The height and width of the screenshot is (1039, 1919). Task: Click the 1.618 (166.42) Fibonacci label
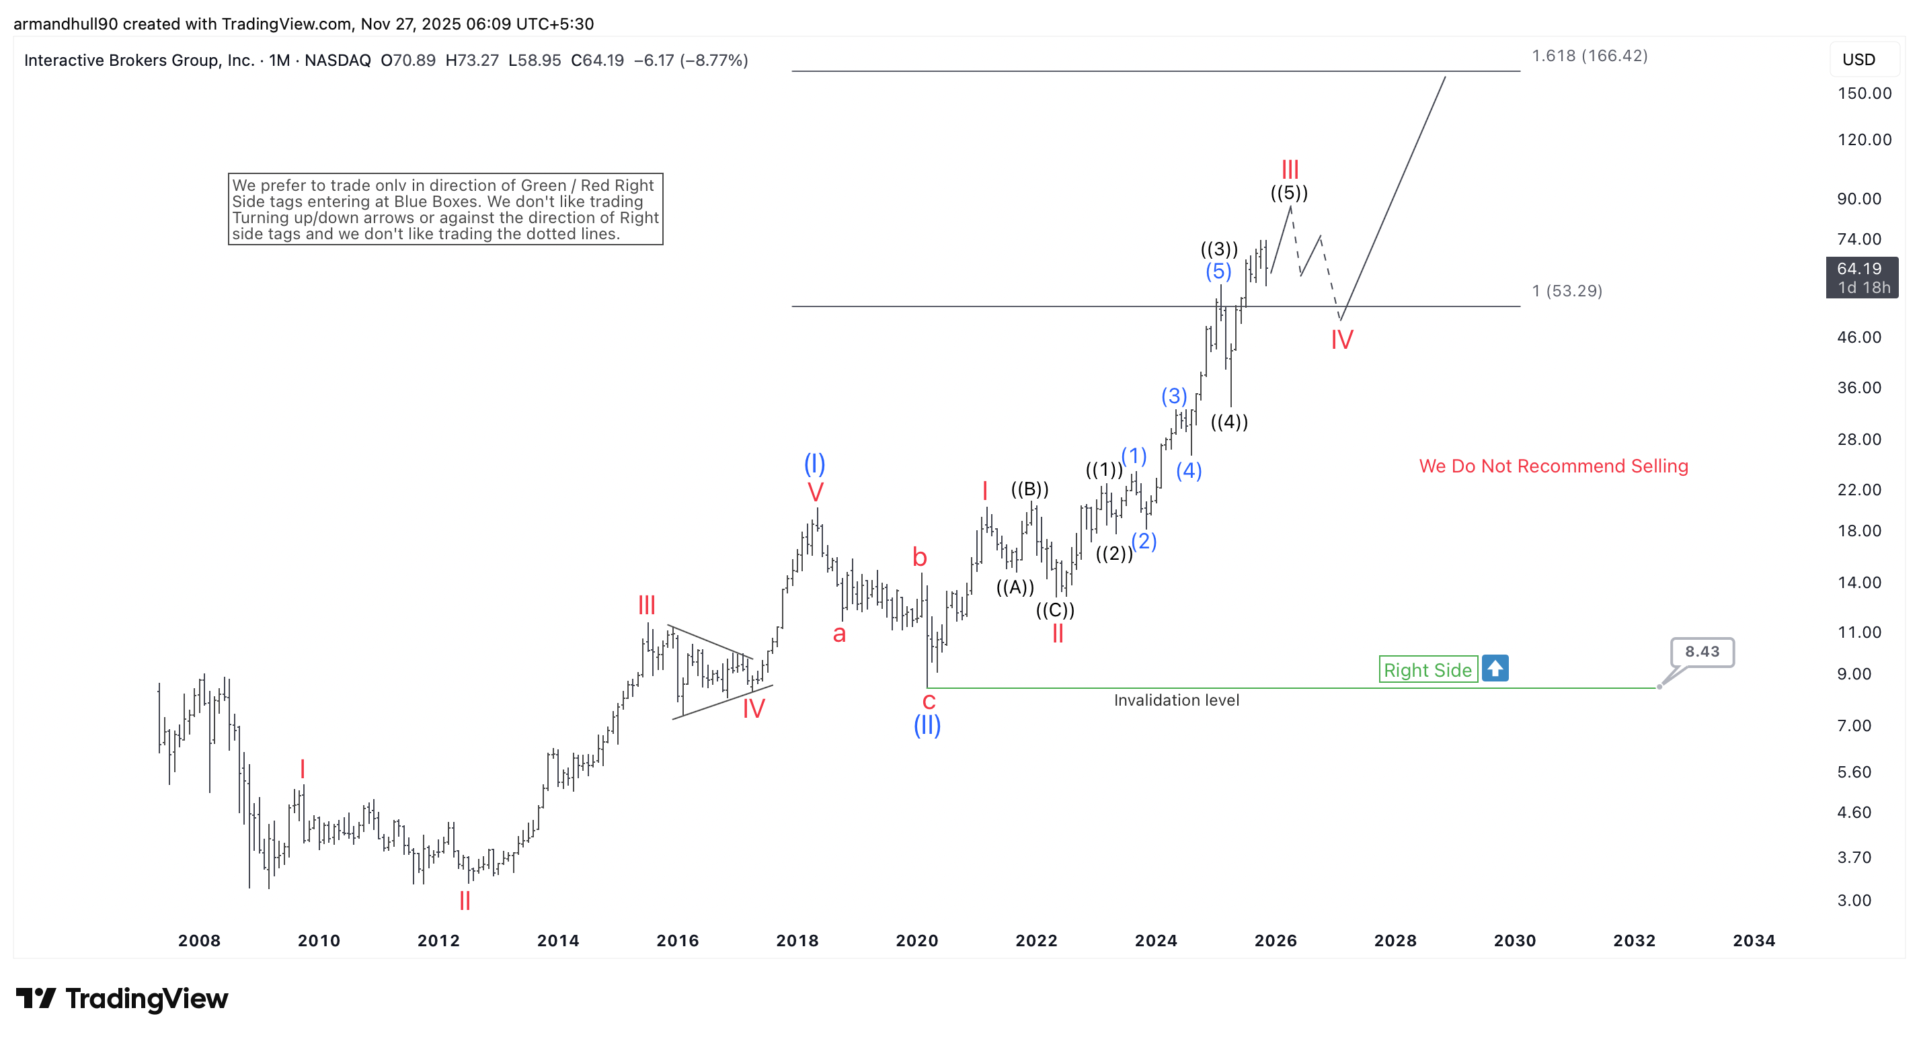(1588, 56)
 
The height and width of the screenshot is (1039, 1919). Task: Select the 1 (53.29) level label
(1566, 290)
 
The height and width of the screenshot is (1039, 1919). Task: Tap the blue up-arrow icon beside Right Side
(1494, 668)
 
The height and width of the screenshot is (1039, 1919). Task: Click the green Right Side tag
(1427, 669)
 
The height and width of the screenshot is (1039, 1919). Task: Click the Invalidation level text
(1175, 700)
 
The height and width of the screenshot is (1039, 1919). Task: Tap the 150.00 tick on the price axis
(1864, 93)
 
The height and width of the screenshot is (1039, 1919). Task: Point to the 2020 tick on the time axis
(916, 940)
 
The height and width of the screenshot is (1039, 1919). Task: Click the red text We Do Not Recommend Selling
(1553, 466)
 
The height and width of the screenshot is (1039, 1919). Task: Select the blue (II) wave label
(927, 724)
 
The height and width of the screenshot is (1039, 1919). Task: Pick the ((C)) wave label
(1055, 610)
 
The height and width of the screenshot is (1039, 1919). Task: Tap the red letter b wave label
(919, 557)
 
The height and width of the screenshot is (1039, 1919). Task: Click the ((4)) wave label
(1228, 421)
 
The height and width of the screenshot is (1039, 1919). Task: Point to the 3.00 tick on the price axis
(1854, 900)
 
